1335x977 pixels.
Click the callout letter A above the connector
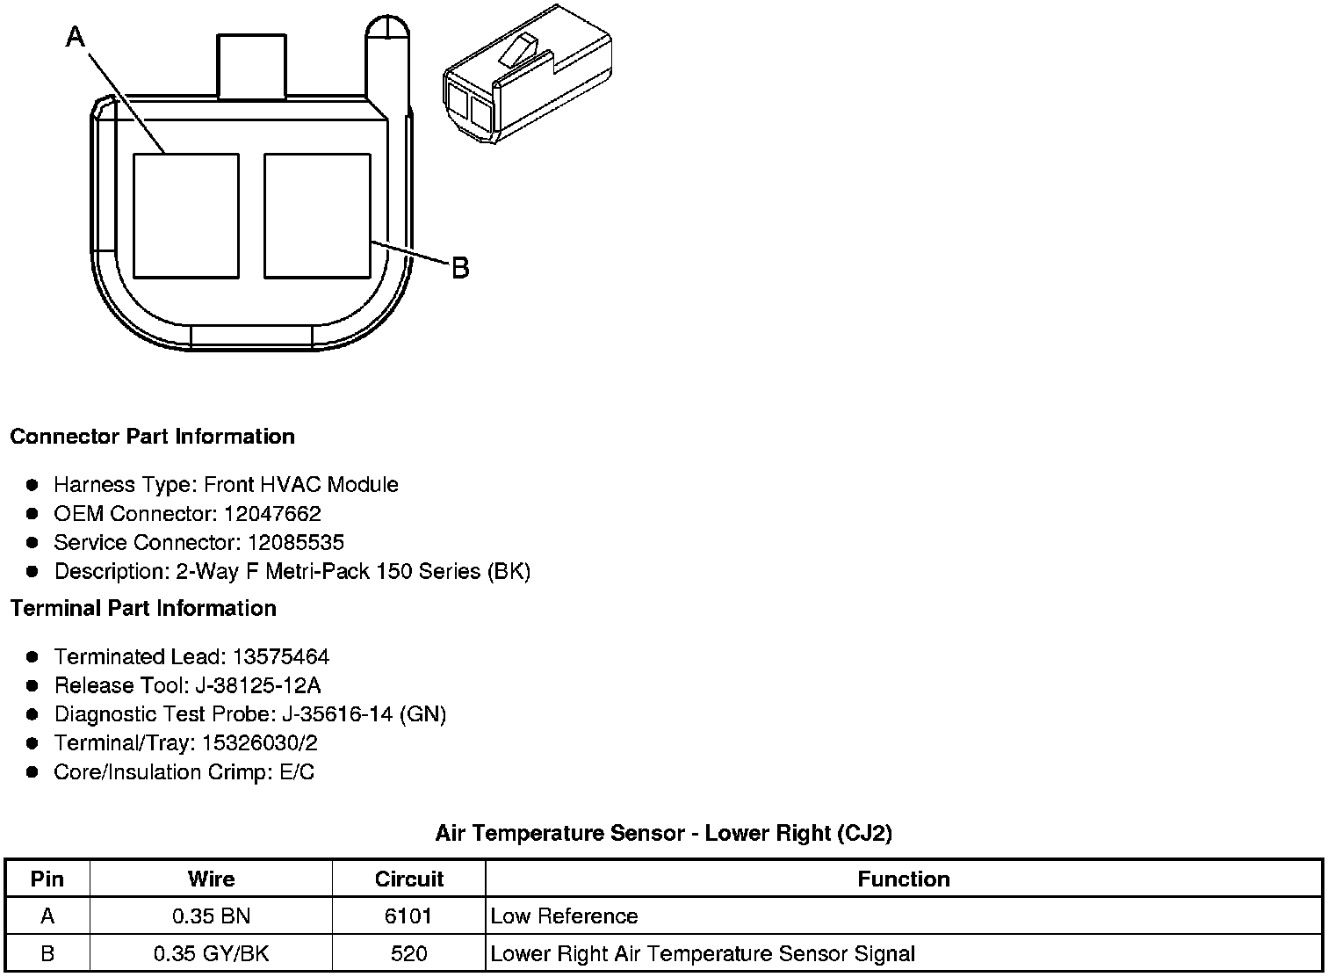(x=76, y=37)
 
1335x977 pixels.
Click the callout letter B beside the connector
(x=460, y=268)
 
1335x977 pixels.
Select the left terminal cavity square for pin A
(x=186, y=216)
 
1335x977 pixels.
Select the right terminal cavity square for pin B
(x=317, y=216)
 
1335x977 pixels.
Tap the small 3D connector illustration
(x=528, y=75)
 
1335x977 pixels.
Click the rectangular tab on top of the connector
(x=251, y=66)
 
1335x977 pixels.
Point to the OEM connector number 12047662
(x=272, y=513)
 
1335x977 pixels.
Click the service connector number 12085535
(x=296, y=542)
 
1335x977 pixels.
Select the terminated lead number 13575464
(x=281, y=657)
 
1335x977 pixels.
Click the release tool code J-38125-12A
(x=258, y=685)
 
